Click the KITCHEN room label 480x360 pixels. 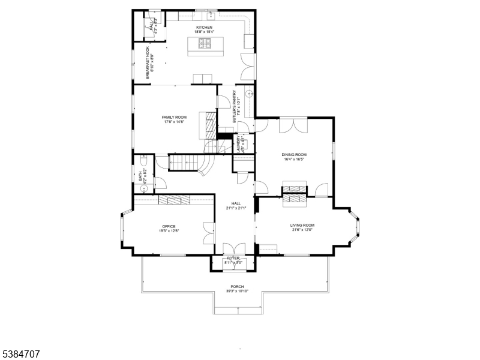click(x=204, y=28)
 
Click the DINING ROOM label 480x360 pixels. click(x=294, y=155)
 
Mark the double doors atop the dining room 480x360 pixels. click(x=294, y=126)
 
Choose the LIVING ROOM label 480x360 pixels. click(x=303, y=226)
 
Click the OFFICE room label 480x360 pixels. click(x=169, y=226)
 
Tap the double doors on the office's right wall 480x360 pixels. click(x=209, y=233)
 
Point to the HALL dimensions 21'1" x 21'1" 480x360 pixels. click(x=236, y=208)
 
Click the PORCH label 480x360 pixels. click(x=238, y=286)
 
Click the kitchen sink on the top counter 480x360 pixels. click(x=211, y=11)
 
